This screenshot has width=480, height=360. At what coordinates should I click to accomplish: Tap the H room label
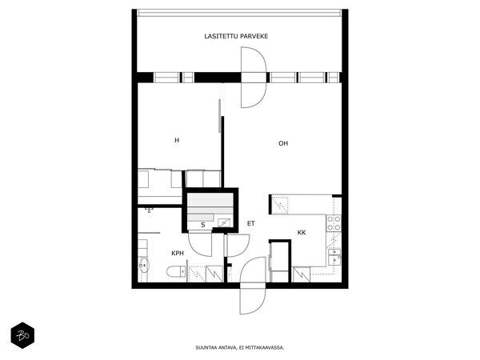[x=177, y=140]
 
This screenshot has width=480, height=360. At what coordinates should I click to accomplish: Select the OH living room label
[x=282, y=144]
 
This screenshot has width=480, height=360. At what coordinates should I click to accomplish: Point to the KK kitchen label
[x=302, y=232]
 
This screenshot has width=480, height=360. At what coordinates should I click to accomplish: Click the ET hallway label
[x=250, y=224]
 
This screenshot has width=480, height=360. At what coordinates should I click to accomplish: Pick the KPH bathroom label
[x=178, y=253]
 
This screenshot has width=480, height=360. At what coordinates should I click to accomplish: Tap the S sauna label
[x=202, y=225]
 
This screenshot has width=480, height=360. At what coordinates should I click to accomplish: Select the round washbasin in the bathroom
[x=144, y=266]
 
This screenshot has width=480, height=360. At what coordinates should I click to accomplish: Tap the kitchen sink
[x=334, y=256]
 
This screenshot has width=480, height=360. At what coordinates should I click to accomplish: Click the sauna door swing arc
[x=199, y=242]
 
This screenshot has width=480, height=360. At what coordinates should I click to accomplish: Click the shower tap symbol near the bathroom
[x=149, y=209]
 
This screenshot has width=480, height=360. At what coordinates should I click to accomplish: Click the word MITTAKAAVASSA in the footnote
[x=265, y=348]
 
